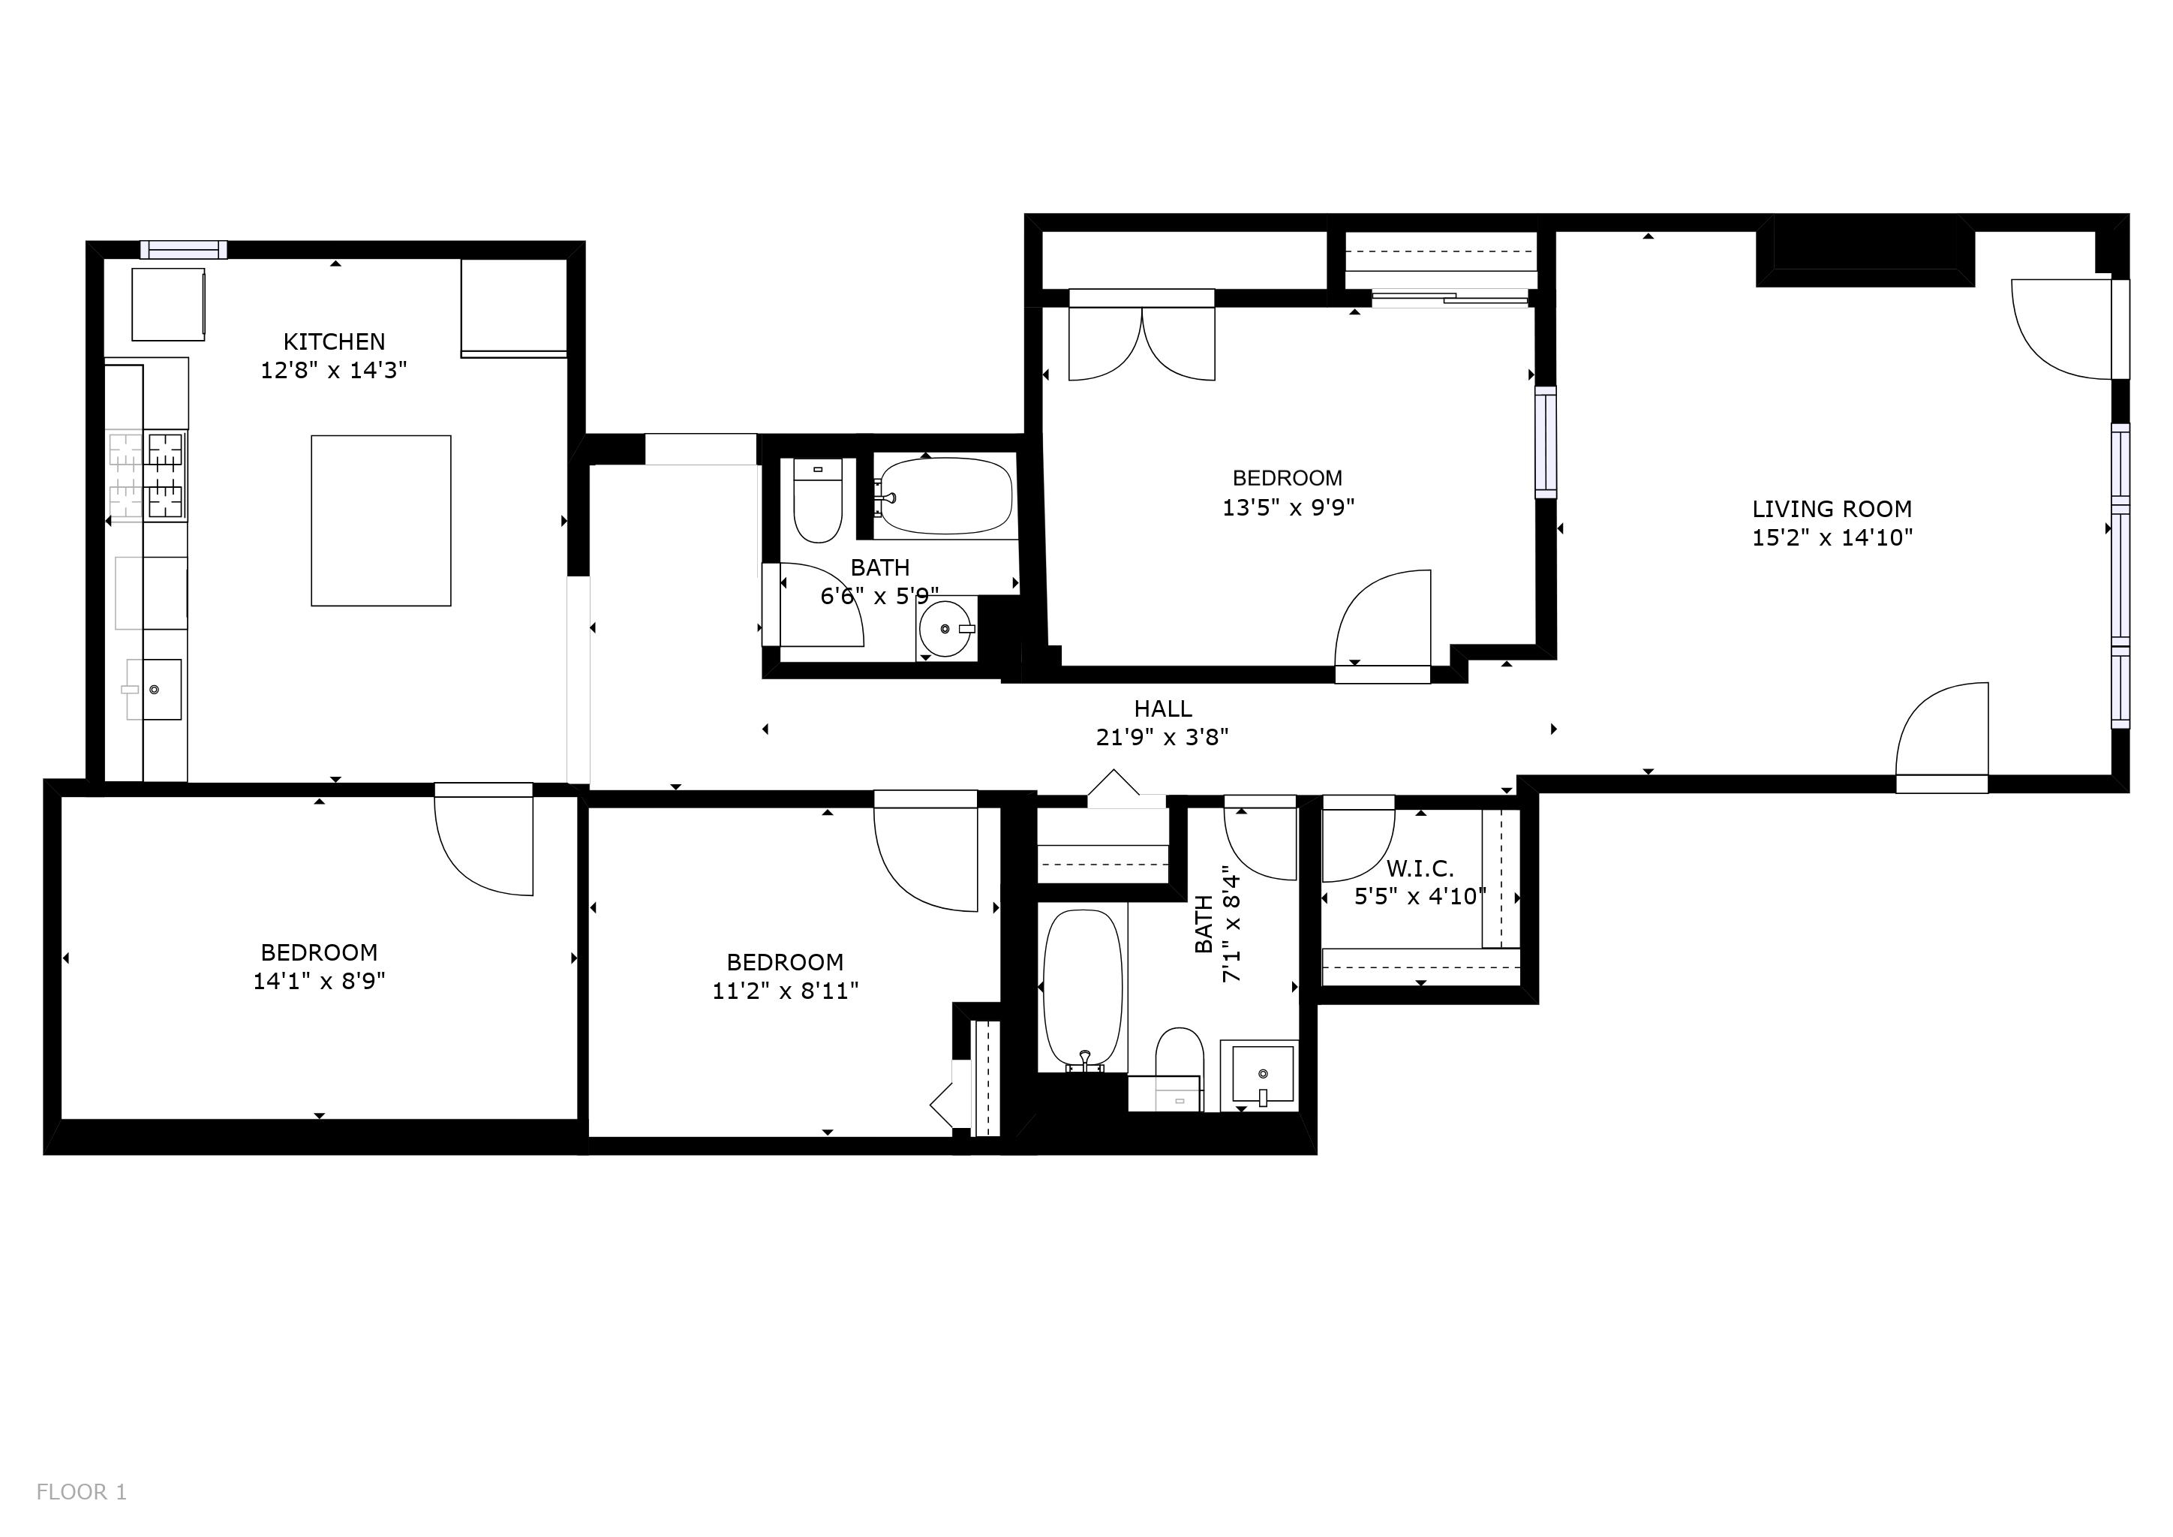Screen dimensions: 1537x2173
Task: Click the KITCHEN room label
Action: coord(334,341)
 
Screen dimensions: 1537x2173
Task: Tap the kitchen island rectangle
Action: coord(380,521)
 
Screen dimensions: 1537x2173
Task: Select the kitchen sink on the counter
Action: coord(153,690)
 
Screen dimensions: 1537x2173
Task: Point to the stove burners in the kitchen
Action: coord(164,475)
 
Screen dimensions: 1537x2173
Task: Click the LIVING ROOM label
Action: coord(1832,509)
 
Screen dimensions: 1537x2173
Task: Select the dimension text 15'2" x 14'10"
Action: coord(1832,537)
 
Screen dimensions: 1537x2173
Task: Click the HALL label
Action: coord(1162,709)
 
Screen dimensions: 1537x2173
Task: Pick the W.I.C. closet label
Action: coord(1420,868)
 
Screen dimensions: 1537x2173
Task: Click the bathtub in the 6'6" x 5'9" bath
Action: coord(945,496)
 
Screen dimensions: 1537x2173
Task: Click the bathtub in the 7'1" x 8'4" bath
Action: coord(1082,990)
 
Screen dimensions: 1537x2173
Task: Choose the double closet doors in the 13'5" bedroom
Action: coord(1141,341)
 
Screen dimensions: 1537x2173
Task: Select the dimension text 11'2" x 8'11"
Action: coord(785,991)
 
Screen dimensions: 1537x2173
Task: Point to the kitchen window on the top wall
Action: coord(184,250)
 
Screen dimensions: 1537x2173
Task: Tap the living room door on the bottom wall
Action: coord(1942,738)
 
